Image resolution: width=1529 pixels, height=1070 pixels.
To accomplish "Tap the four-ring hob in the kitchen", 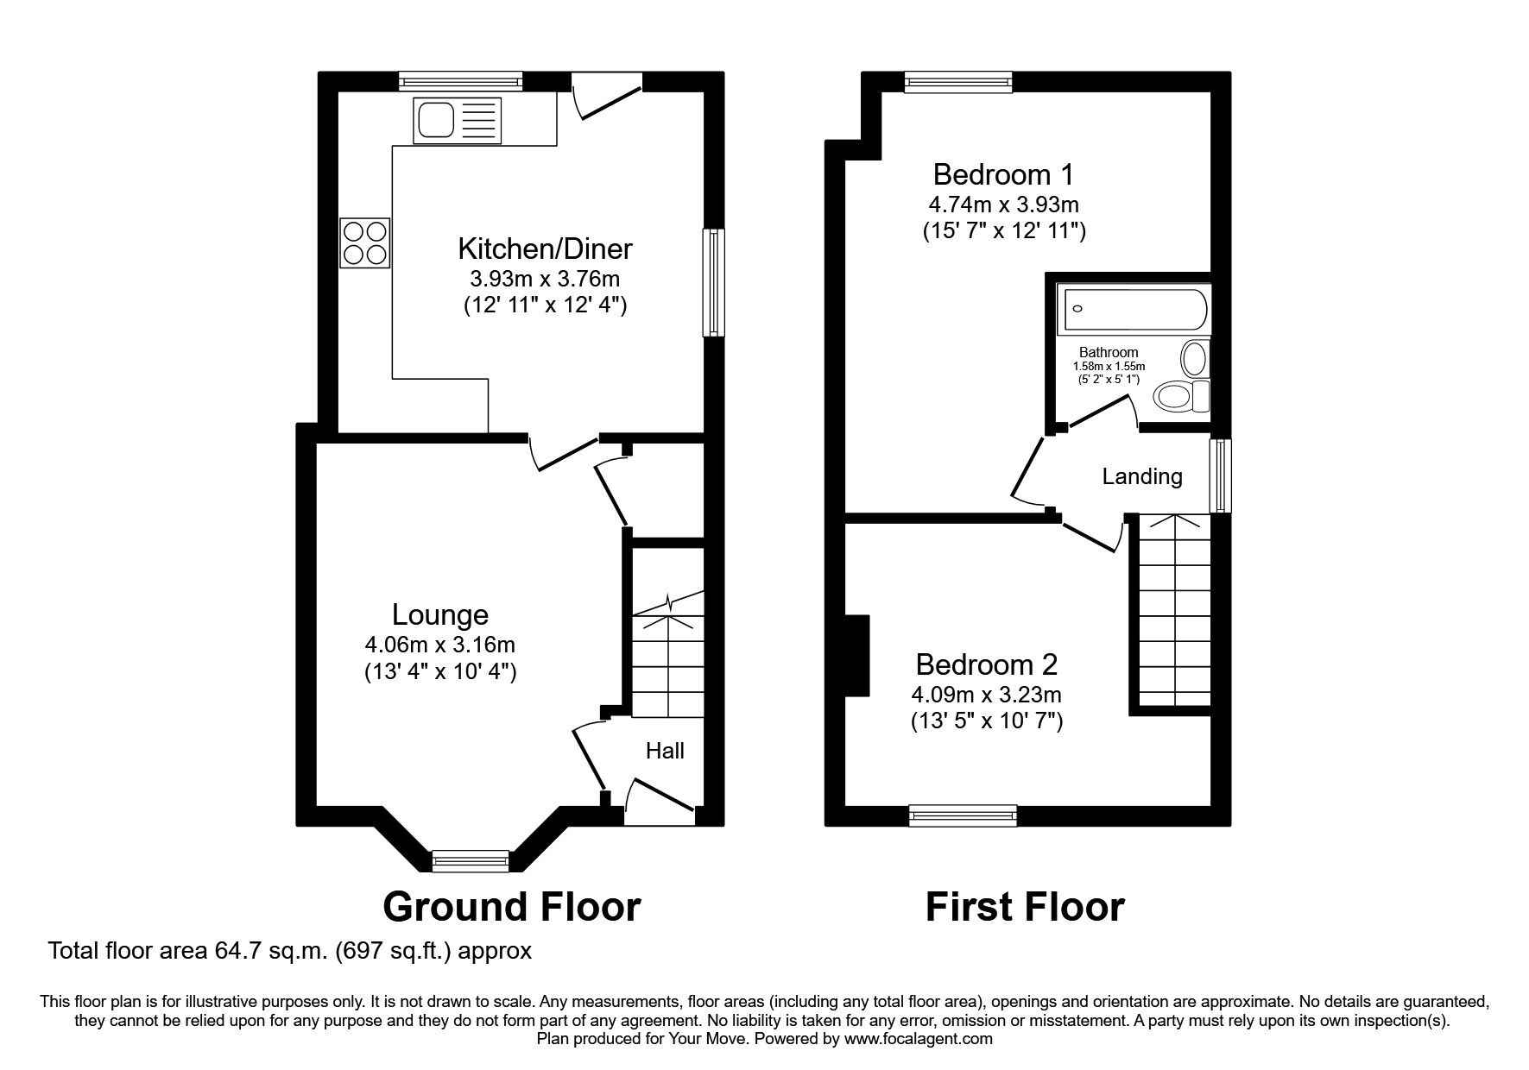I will [x=365, y=242].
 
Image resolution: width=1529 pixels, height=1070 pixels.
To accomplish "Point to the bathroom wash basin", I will [x=1195, y=357].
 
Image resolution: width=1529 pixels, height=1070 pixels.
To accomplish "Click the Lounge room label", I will [x=439, y=614].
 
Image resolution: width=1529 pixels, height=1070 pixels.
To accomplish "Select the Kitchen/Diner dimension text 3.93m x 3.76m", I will [x=544, y=279].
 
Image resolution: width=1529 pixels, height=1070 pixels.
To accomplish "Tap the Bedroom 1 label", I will [x=1003, y=174].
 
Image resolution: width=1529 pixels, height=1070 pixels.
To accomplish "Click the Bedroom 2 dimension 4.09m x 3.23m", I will [x=986, y=694].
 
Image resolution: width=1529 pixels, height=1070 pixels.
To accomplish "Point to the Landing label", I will [x=1141, y=476].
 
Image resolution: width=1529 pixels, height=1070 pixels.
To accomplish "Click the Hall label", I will [x=665, y=751].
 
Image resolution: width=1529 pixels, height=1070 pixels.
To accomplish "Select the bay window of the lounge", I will [x=471, y=859].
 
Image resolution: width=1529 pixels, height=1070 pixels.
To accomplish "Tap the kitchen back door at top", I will [x=608, y=97].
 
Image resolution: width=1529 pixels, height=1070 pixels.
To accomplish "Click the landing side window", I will [x=1219, y=476].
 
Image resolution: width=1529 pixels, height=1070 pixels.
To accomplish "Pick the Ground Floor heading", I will [x=511, y=907].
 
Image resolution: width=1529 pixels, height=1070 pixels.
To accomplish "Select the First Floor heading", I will [x=1025, y=907].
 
